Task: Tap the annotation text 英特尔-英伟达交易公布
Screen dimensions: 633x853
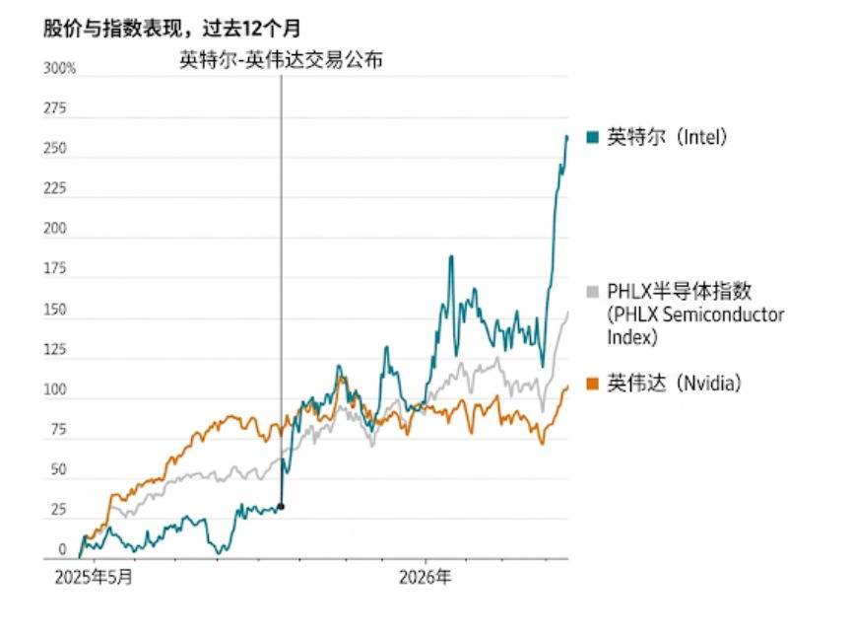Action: (x=281, y=59)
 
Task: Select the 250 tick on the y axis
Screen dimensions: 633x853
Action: (x=54, y=150)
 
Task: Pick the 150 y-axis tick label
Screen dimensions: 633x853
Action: (x=54, y=311)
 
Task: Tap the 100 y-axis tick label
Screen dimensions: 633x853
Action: (x=54, y=390)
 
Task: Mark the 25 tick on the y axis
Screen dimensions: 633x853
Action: (x=57, y=511)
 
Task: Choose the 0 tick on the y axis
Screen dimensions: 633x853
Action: (x=61, y=550)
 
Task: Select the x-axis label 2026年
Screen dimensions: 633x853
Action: (x=426, y=577)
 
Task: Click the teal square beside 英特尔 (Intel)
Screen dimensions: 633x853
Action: (x=593, y=138)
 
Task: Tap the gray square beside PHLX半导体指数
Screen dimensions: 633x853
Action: (x=593, y=292)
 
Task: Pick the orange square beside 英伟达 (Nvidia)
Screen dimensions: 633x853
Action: (x=593, y=383)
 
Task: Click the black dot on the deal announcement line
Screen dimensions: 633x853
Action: (x=282, y=507)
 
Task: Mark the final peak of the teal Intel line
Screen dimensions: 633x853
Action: (x=566, y=136)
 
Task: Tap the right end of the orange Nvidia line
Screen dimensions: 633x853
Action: (x=568, y=387)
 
